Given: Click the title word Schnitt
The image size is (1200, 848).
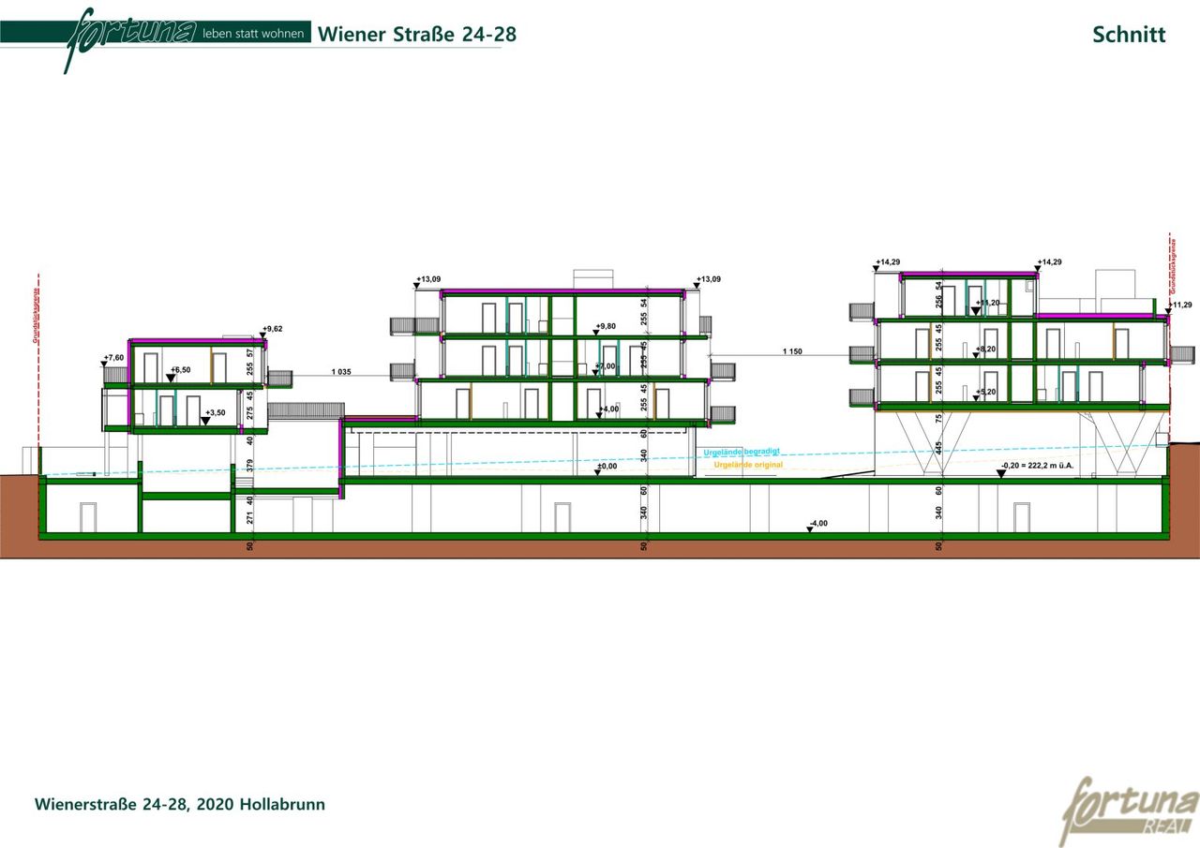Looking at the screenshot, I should pos(1129,35).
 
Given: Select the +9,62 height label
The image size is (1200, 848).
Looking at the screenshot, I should pos(273,329).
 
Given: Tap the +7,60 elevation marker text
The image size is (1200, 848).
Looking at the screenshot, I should pos(113,358).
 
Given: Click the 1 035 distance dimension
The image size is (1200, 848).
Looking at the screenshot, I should pos(341,372).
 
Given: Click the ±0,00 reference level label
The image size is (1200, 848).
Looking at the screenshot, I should pos(607,466).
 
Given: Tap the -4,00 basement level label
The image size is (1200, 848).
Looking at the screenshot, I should pos(818,524).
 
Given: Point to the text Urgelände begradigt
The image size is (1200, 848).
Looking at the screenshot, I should pos(742,452).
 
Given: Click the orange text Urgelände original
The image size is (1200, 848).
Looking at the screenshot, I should pos(748,465).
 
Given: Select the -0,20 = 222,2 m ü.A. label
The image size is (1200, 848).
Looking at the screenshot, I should pos(1036,466).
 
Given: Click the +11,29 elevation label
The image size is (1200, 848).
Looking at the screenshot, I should pos(1179,305).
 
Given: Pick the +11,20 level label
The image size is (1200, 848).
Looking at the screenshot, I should pos(986,303).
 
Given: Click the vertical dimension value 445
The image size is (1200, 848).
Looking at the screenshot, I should pos(938,448).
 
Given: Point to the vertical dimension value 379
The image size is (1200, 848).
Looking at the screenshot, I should pos(250,466).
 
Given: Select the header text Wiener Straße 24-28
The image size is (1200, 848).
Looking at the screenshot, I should pos(417,35).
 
